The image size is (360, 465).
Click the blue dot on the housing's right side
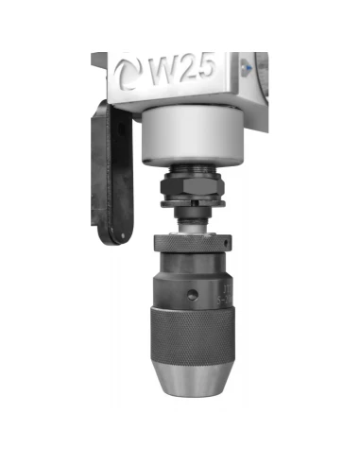pyautogui.click(x=243, y=66)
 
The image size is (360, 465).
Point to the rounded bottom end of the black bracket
pyautogui.click(x=116, y=227)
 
